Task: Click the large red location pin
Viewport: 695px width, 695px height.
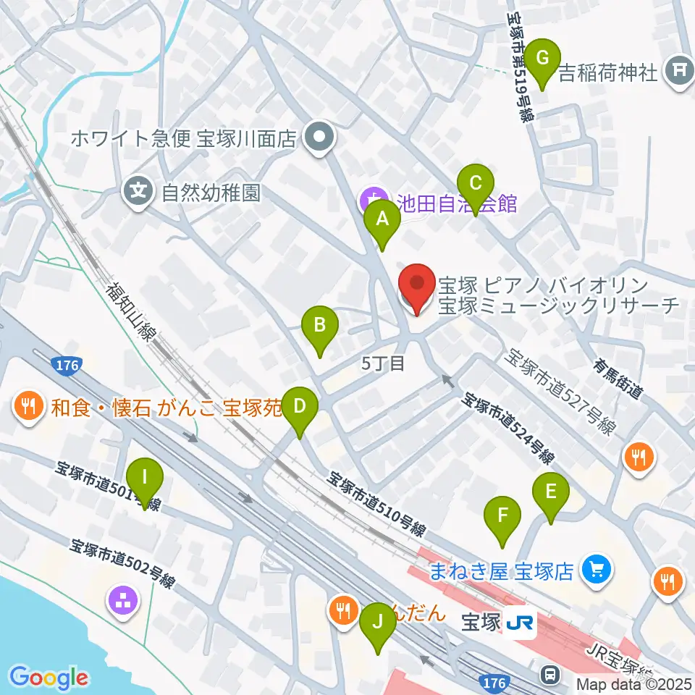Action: point(417,288)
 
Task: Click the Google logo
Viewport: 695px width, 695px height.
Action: point(49,678)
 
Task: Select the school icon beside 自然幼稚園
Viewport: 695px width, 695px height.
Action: point(140,192)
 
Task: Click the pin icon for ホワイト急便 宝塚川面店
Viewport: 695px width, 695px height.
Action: point(318,137)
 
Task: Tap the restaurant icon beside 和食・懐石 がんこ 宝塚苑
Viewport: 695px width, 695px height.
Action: point(28,405)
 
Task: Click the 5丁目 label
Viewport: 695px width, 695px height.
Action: point(383,363)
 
